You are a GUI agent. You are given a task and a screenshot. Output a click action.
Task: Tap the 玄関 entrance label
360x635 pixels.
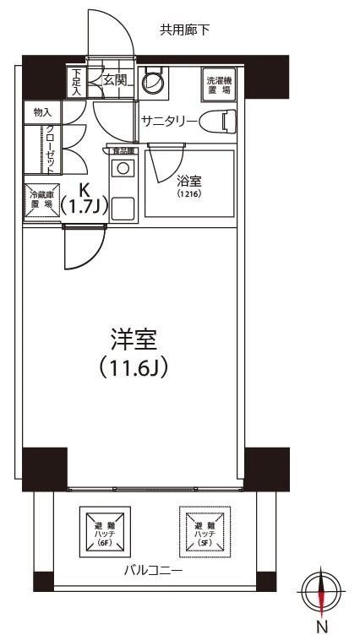pos(115,81)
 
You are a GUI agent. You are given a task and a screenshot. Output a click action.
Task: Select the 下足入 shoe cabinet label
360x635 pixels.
pos(77,81)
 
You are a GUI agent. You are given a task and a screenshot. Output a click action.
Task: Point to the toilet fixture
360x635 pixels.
pos(221,122)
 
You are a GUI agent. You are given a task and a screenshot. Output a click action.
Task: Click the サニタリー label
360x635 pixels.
pos(169,122)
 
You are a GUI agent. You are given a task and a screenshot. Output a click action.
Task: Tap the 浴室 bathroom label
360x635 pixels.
pos(188,180)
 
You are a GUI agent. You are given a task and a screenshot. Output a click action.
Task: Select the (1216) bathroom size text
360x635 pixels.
pos(188,194)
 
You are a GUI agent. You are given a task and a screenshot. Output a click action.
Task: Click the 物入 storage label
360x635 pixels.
pos(42,111)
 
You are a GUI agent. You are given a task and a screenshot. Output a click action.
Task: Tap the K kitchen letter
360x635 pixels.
pos(85,190)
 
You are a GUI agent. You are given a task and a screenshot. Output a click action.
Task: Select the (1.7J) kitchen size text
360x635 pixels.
pos(85,207)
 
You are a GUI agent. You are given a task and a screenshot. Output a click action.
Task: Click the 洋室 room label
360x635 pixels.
pos(134,340)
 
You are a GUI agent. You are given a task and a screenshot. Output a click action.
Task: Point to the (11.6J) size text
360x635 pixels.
pos(134,367)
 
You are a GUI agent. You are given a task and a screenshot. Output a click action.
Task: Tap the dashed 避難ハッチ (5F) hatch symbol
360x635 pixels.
pos(203,529)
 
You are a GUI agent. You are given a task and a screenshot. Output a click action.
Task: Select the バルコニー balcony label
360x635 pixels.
pos(154,571)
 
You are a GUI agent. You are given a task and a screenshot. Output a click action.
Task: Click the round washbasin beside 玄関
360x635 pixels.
pos(153,83)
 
